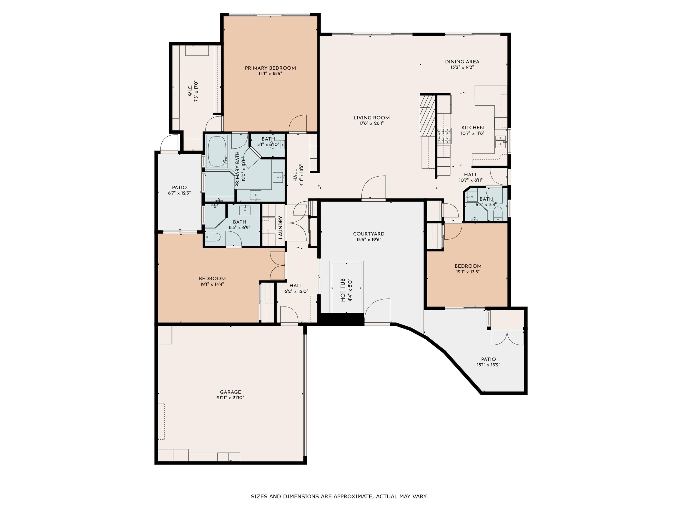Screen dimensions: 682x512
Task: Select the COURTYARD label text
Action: pyautogui.click(x=369, y=234)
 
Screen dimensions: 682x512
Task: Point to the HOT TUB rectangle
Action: pyautogui.click(x=346, y=287)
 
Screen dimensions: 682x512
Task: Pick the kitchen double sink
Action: pyautogui.click(x=500, y=142)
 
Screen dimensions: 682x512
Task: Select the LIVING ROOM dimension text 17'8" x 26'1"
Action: pyautogui.click(x=371, y=123)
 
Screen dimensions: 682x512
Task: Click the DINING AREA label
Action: pyautogui.click(x=462, y=62)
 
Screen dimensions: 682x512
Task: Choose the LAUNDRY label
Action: pyautogui.click(x=281, y=228)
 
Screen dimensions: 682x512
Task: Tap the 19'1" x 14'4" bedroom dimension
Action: pyautogui.click(x=212, y=284)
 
